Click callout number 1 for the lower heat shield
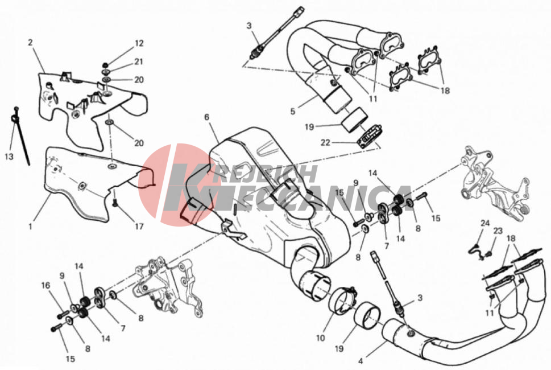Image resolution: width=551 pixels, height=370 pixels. [x=30, y=226]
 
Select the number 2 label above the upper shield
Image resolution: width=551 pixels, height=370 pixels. [x=30, y=43]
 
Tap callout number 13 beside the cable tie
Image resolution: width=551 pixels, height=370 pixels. [x=9, y=157]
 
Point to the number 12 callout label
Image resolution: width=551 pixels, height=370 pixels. [x=139, y=43]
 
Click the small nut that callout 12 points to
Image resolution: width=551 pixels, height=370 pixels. [x=105, y=65]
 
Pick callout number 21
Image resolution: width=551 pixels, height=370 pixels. [x=139, y=61]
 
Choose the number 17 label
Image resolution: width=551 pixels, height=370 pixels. [x=139, y=226]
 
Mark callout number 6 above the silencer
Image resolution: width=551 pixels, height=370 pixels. [x=206, y=117]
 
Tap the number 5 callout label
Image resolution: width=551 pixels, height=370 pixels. [x=293, y=112]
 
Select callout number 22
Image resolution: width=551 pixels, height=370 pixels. [x=325, y=143]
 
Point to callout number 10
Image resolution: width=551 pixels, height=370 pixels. [x=320, y=338]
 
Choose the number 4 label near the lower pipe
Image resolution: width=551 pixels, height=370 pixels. [x=361, y=361]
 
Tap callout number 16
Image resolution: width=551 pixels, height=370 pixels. [x=45, y=286]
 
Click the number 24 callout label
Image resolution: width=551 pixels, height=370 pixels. [x=485, y=223]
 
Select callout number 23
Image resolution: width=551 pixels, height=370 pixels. [x=498, y=231]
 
